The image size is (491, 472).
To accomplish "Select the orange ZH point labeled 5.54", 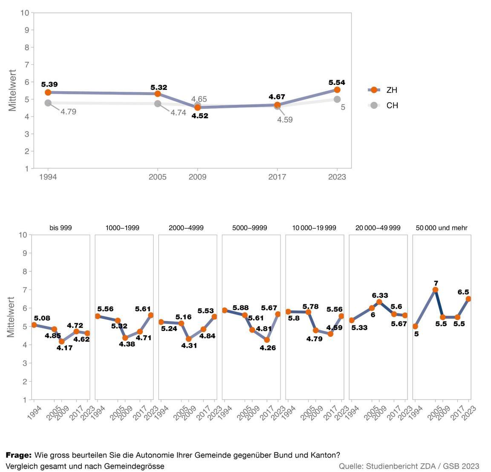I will (x=337, y=90).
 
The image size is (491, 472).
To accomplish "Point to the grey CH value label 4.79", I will (x=68, y=112).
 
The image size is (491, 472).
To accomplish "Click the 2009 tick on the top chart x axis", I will (x=197, y=177).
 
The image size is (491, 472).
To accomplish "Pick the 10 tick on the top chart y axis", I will (x=25, y=13).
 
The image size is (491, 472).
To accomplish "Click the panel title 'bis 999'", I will (x=61, y=228).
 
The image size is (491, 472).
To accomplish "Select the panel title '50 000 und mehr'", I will (x=442, y=228).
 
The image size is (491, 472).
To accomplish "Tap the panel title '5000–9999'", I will (x=250, y=228).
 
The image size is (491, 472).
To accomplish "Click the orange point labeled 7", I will (x=435, y=290).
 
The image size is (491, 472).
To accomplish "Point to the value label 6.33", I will (x=380, y=295).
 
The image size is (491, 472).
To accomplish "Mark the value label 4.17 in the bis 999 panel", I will (x=64, y=348).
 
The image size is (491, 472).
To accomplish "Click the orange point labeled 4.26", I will (x=267, y=340).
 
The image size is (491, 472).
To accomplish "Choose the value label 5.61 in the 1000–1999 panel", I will (x=143, y=309).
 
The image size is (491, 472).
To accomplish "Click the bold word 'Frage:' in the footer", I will (x=18, y=455).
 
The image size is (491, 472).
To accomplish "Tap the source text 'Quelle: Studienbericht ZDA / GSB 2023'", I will (x=409, y=466).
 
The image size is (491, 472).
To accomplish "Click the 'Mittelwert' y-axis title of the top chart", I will (x=12, y=90).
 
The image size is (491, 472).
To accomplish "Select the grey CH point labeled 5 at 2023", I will (x=337, y=99).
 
